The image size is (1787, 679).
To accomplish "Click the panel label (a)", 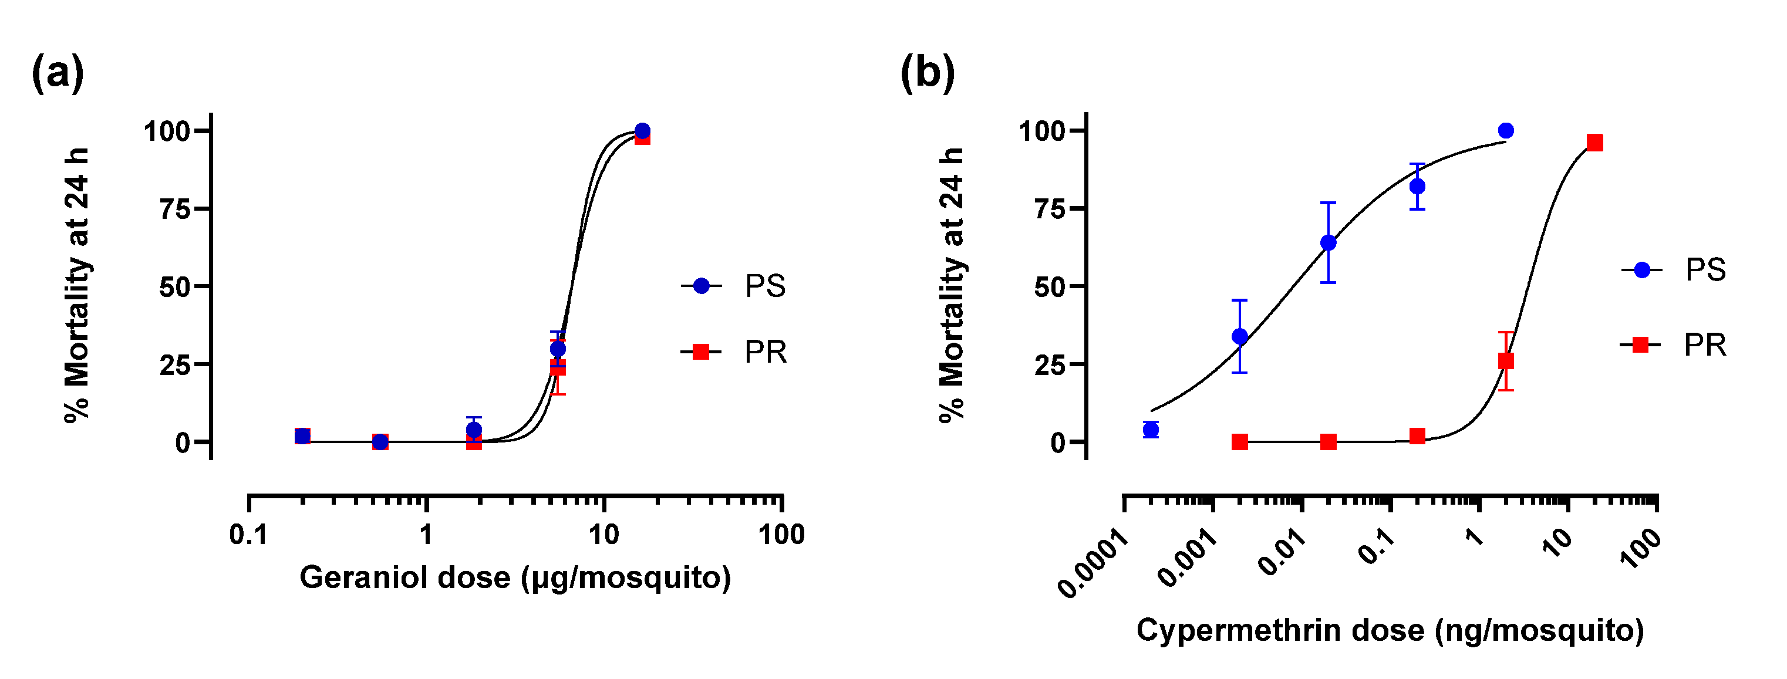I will click(58, 73).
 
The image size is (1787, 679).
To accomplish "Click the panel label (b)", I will click(928, 73).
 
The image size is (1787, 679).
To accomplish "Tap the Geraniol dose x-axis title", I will click(515, 577).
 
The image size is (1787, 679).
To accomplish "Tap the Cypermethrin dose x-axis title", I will click(1390, 630).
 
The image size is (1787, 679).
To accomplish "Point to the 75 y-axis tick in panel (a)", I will click(175, 209).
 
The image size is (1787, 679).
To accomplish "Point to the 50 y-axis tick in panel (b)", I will click(1049, 286).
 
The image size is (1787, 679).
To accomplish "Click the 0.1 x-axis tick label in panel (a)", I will click(248, 535).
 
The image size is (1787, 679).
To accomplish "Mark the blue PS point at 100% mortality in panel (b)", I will click(1505, 130).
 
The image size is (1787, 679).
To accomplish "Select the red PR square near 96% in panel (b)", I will click(1595, 143).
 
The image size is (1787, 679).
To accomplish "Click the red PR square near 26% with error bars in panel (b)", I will click(1505, 362).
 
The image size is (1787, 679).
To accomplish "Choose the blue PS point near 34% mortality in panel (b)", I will click(1240, 336).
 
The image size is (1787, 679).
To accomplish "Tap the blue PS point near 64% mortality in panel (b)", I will click(1329, 243).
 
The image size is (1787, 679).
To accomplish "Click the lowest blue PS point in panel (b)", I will click(1151, 430).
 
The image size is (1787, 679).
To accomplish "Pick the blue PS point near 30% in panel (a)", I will click(558, 349).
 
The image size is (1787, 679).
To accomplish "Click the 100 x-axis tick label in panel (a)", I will click(782, 535).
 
